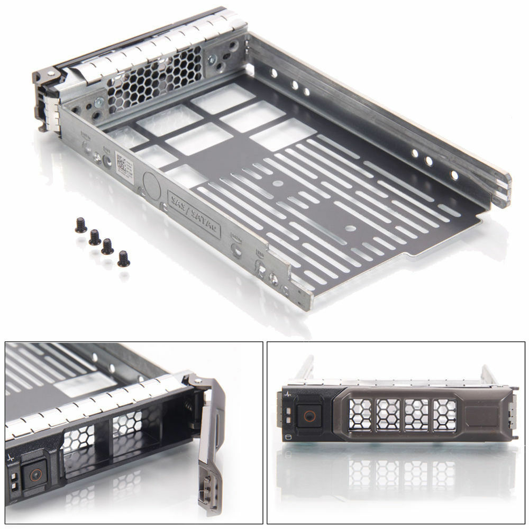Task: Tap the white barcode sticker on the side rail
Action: pos(121,163)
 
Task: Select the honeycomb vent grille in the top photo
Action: pos(153,79)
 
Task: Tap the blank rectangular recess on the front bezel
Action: pos(483,414)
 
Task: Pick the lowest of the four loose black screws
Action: pos(124,259)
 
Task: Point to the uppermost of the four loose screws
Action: pos(81,226)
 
